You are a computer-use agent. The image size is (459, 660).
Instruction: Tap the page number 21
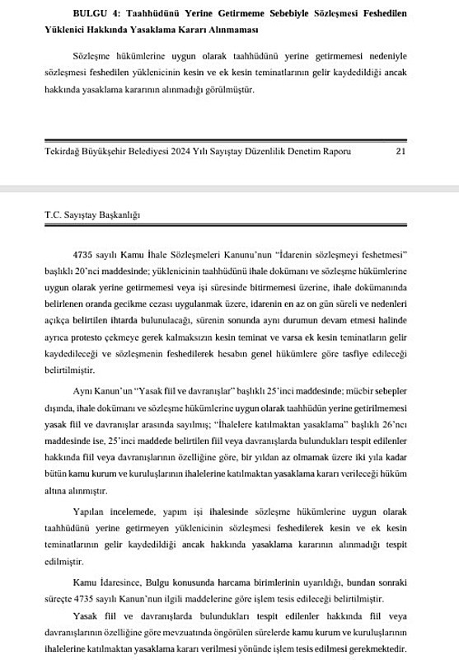(401, 152)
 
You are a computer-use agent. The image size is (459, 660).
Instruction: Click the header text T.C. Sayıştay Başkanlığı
(92, 214)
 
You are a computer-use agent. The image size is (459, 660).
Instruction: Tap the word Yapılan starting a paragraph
(91, 511)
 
